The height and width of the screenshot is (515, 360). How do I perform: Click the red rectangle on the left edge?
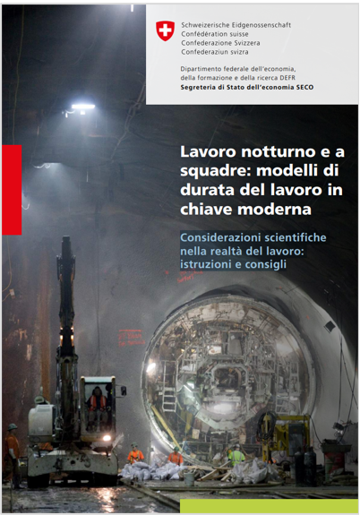click(x=12, y=189)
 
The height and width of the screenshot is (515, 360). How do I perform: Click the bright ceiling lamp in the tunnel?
click(x=82, y=107)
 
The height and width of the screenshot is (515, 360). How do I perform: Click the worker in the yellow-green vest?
click(x=236, y=456)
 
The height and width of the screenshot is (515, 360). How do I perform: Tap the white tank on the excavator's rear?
click(x=41, y=420)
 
